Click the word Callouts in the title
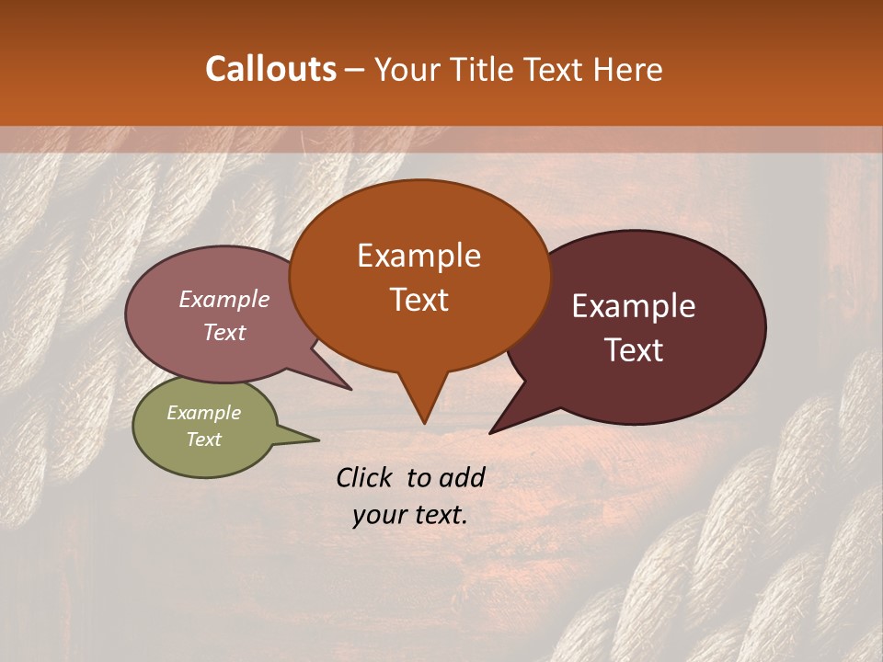270,69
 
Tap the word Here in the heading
627,70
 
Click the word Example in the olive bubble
203,413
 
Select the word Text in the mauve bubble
224,332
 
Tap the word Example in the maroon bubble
634,306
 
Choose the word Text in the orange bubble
419,300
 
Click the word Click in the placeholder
365,477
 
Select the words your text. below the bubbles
410,515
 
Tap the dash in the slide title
356,70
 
